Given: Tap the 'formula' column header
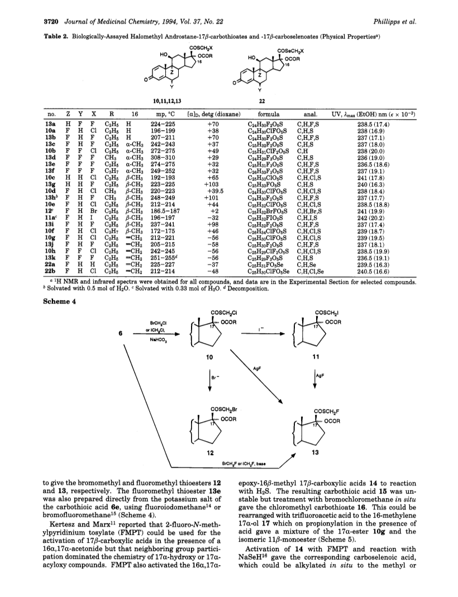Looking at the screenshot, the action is point(269,114).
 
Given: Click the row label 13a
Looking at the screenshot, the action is point(51,124).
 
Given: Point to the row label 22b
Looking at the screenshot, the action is point(51,272).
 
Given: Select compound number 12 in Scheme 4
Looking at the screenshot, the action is point(209,453).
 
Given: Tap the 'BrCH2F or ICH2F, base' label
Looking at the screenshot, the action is point(243,464).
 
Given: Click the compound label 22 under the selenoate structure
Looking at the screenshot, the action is point(262,101).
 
